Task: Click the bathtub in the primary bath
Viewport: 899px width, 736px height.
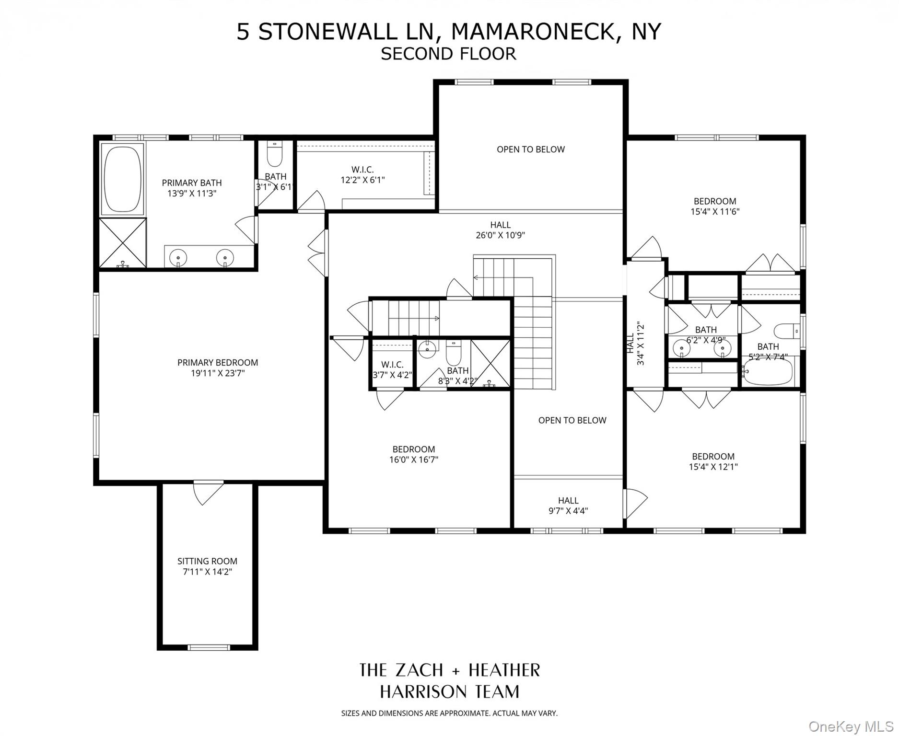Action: coord(122,179)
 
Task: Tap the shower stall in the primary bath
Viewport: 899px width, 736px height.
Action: coord(123,242)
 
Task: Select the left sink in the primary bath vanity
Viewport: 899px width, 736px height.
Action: coord(178,258)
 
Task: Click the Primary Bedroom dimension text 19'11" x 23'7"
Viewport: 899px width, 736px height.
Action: coord(218,373)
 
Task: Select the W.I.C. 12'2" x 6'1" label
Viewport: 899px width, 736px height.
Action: coord(362,175)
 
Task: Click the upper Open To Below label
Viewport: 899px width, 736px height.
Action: coord(530,149)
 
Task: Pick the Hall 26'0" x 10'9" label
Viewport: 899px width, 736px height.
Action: coord(500,230)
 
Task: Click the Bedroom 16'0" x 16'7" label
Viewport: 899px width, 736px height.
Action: coord(413,455)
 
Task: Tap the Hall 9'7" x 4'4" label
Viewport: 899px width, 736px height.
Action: coord(568,506)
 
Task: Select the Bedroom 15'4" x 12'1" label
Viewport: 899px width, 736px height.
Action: coord(713,461)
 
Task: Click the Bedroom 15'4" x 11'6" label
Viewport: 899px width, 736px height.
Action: coord(714,206)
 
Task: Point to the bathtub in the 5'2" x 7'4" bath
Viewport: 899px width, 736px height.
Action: coord(768,374)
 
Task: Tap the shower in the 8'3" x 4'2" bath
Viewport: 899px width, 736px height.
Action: coord(490,364)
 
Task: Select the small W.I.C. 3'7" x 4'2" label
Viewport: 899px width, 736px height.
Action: coord(392,370)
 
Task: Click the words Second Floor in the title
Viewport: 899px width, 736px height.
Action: coord(448,54)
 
